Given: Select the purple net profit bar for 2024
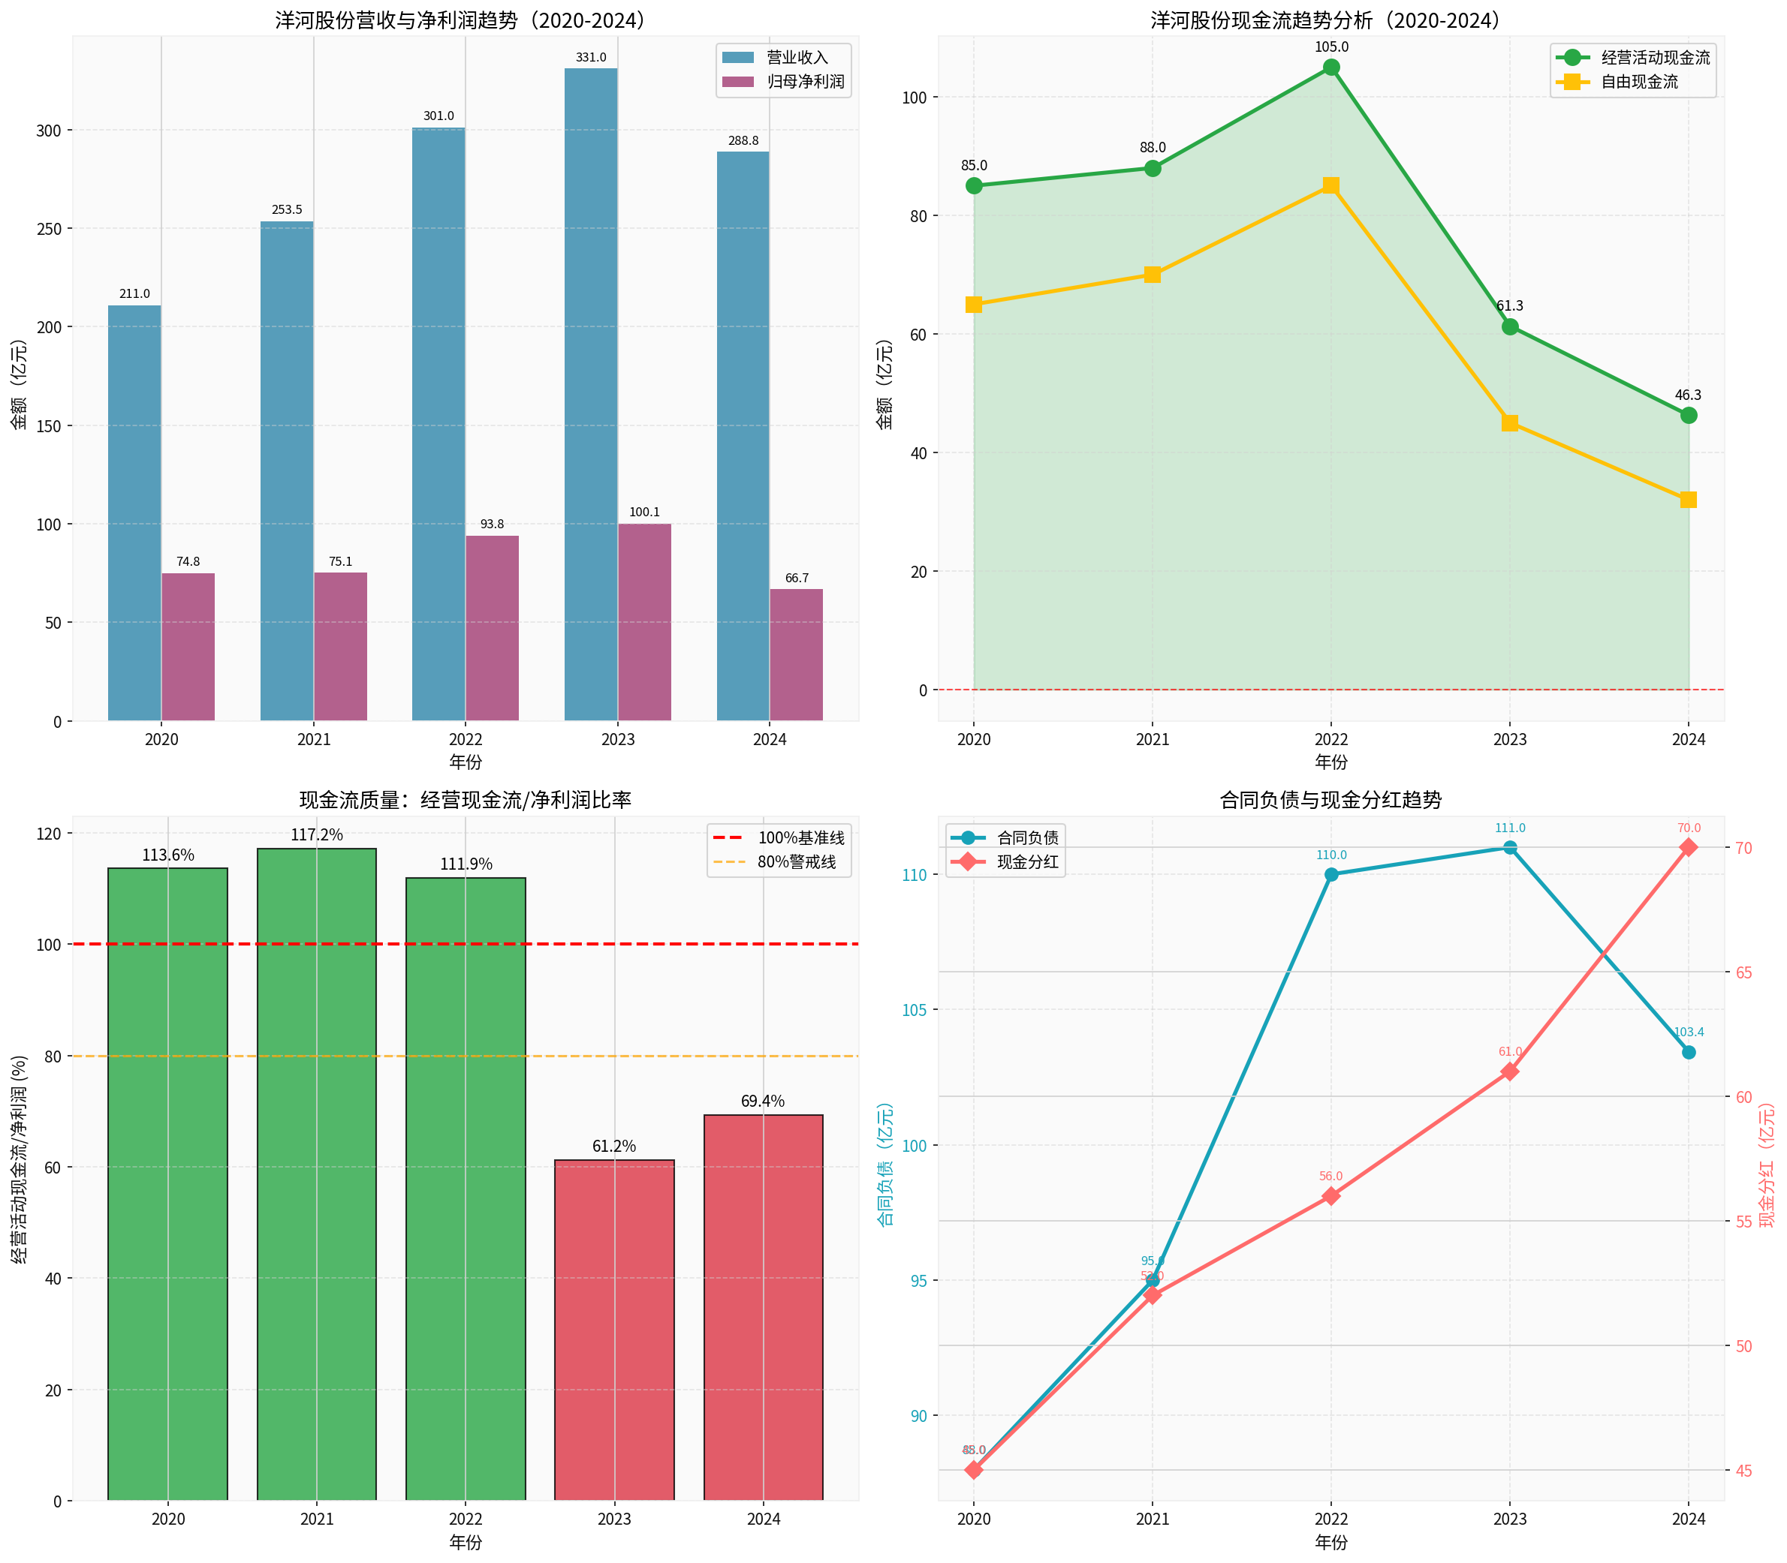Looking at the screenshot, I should pyautogui.click(x=796, y=655).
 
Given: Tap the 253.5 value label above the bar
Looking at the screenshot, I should pyautogui.click(x=286, y=210).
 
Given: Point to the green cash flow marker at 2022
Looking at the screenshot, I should pyautogui.click(x=1330, y=68).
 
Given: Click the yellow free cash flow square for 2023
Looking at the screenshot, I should pyautogui.click(x=1509, y=423).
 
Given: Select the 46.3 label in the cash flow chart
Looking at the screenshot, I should pyautogui.click(x=1688, y=395).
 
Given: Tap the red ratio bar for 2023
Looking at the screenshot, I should pyautogui.click(x=614, y=1330).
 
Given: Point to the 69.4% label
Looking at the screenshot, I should pyautogui.click(x=763, y=1102).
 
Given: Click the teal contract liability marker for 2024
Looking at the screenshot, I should pyautogui.click(x=1689, y=1053).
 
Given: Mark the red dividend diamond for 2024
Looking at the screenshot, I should pyautogui.click(x=1689, y=847).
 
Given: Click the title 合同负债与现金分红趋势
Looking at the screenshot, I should pyautogui.click(x=1330, y=800).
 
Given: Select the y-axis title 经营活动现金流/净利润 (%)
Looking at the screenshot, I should pyautogui.click(x=20, y=1159).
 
